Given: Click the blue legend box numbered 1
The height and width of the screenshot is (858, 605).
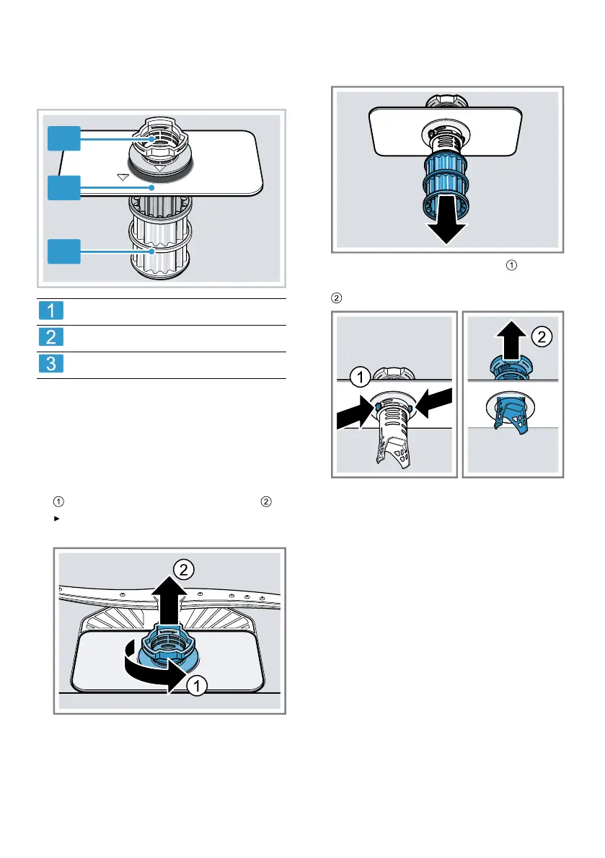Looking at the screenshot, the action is pyautogui.click(x=51, y=311).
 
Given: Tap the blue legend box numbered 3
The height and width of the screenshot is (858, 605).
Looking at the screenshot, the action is pyautogui.click(x=51, y=365).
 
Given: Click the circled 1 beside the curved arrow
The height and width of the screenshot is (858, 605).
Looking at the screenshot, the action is pyautogui.click(x=194, y=686).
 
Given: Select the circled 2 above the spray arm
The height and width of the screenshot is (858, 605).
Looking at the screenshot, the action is pyautogui.click(x=185, y=570).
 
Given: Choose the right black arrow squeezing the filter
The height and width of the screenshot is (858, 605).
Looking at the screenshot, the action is pyautogui.click(x=433, y=403).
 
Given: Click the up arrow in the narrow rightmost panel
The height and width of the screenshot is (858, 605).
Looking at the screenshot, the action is pyautogui.click(x=511, y=339).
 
